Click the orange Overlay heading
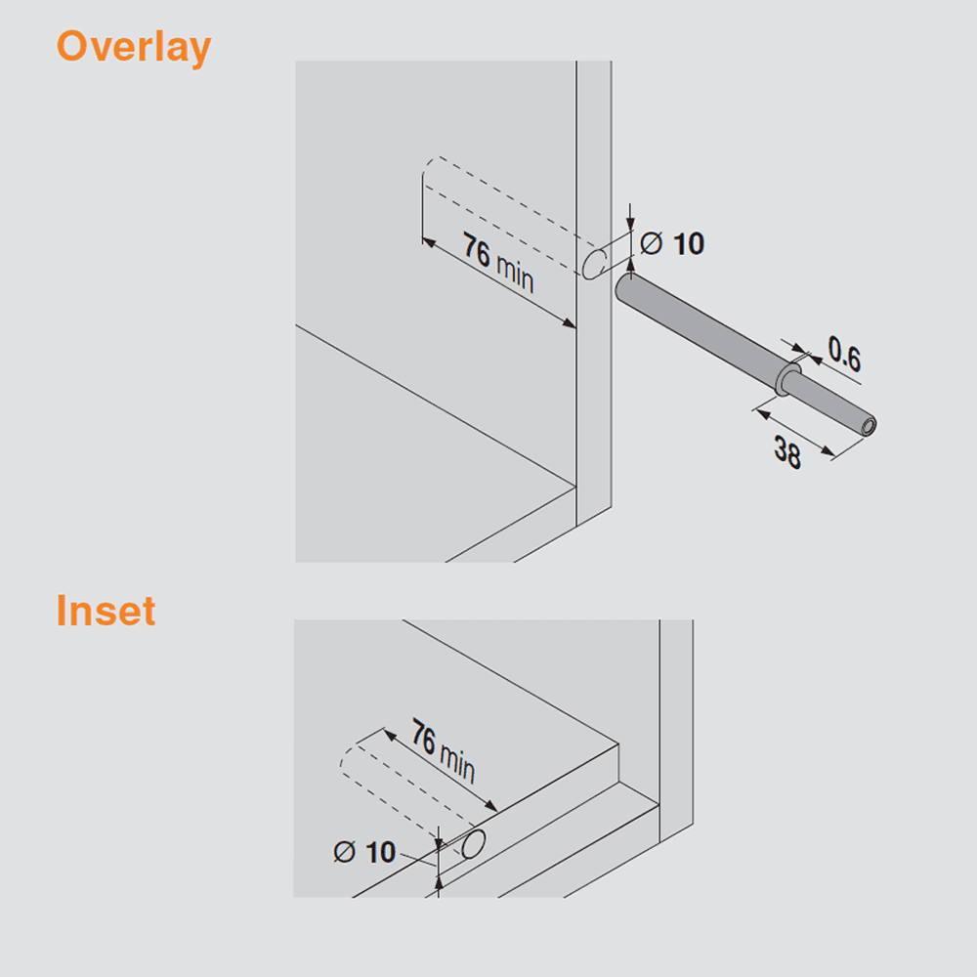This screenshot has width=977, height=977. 133,47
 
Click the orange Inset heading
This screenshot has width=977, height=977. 106,611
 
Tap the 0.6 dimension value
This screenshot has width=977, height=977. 843,355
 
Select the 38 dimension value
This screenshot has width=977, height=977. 788,453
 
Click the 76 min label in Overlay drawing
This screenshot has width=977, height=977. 498,264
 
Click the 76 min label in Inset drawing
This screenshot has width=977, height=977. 443,749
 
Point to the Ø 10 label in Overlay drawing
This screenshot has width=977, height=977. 672,242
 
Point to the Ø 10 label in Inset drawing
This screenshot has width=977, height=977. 364,852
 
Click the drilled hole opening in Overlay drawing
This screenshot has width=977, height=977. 594,264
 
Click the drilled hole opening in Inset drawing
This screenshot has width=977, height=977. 474,844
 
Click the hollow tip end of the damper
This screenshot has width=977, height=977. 866,425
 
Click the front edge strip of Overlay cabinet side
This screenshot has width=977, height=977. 593,410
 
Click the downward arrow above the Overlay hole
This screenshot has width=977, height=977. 632,221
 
